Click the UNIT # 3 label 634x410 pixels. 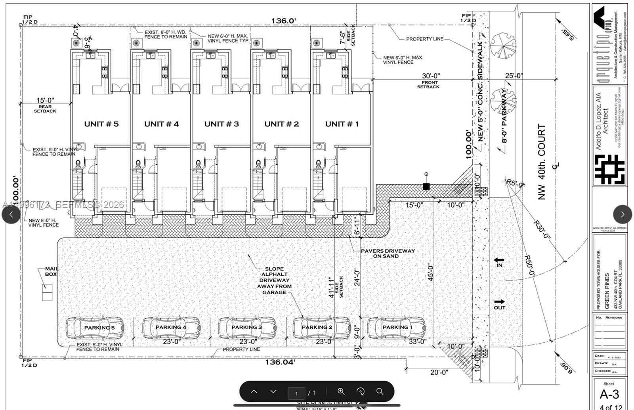222,124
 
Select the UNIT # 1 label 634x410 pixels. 342,124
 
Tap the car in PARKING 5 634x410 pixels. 95,327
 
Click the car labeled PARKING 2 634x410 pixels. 322,327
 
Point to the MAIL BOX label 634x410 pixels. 51,271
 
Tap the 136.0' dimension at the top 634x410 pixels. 283,21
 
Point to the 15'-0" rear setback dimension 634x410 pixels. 45,101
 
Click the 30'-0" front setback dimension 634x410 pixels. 431,76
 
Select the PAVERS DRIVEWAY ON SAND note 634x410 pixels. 388,253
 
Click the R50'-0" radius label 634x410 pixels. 530,266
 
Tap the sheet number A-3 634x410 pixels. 609,394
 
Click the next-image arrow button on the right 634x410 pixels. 622,214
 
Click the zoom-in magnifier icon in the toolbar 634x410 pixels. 341,391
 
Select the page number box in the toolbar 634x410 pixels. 296,393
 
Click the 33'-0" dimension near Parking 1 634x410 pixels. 417,341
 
